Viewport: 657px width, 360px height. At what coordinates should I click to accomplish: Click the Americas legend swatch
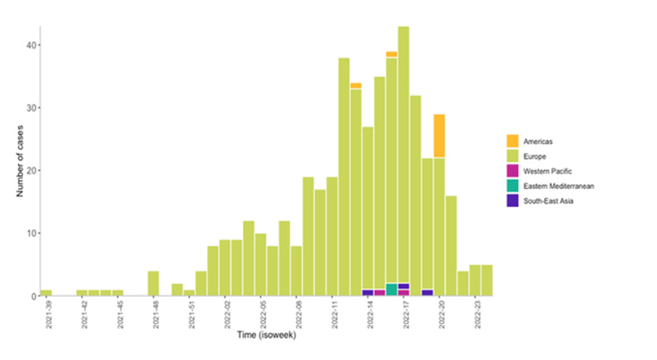coord(512,141)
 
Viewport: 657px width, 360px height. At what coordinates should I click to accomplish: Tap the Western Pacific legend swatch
coord(512,170)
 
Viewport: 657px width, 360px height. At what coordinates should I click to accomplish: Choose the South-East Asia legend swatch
coord(512,200)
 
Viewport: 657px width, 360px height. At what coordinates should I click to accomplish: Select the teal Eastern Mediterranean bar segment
coord(391,289)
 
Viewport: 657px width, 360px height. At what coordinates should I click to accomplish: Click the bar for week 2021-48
coord(153,284)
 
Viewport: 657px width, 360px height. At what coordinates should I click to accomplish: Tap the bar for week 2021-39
coord(46,293)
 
